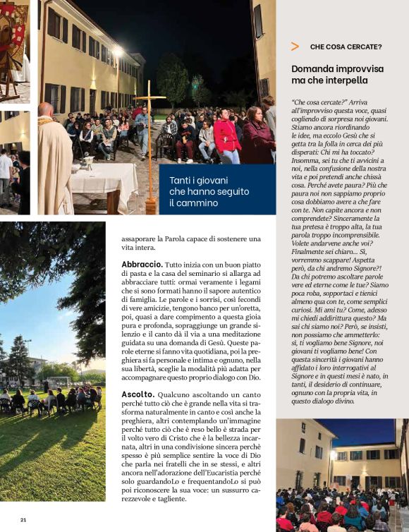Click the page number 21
23,520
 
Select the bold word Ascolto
138,394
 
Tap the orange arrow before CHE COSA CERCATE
295,47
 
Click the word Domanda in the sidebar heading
312,68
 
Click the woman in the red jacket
227,137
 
